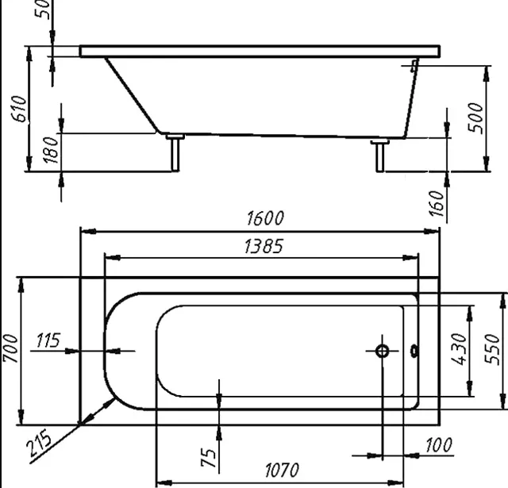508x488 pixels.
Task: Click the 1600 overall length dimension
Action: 265,218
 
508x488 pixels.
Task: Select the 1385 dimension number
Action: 264,246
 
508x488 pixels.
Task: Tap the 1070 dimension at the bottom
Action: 282,471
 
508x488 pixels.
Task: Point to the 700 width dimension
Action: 10,348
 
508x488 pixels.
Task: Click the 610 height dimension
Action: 19,109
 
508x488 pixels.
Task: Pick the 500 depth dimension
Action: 475,118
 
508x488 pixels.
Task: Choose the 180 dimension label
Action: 51,150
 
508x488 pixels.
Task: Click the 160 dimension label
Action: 436,204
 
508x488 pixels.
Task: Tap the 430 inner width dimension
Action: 459,349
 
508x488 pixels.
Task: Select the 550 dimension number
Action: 492,349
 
